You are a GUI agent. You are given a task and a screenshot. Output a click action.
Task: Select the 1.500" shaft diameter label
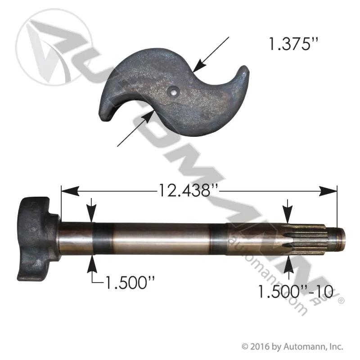click(x=130, y=283)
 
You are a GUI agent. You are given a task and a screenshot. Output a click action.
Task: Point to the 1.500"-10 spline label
click(x=296, y=291)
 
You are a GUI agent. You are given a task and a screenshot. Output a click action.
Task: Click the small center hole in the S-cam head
click(x=174, y=93)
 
